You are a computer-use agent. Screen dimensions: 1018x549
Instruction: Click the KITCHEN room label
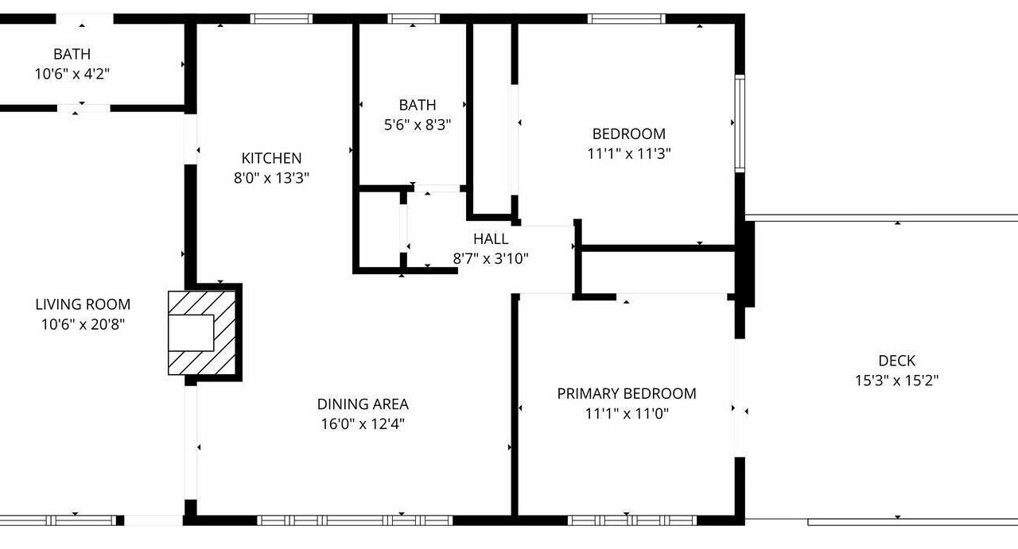pyautogui.click(x=271, y=158)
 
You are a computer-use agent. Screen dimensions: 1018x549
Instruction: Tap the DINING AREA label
pyautogui.click(x=363, y=404)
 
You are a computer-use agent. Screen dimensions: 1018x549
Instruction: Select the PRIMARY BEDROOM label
pyautogui.click(x=627, y=394)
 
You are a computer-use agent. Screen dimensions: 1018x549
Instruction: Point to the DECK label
pyautogui.click(x=896, y=361)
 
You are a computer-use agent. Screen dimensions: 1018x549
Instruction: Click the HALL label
pyautogui.click(x=491, y=239)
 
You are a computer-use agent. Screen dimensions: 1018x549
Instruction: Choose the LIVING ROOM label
pyautogui.click(x=84, y=304)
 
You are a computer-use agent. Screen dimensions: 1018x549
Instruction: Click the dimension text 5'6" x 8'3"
pyautogui.click(x=418, y=125)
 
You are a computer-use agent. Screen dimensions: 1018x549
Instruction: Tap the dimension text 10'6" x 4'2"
pyautogui.click(x=72, y=74)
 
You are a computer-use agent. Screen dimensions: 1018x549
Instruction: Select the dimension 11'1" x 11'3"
pyautogui.click(x=629, y=153)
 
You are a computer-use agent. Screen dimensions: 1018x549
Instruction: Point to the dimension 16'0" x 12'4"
pyautogui.click(x=363, y=424)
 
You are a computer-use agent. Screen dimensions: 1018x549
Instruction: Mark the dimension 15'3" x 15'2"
pyautogui.click(x=896, y=380)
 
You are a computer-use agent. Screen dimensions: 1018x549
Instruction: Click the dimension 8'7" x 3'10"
pyautogui.click(x=491, y=259)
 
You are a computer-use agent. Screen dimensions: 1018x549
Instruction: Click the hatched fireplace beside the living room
pyautogui.click(x=202, y=333)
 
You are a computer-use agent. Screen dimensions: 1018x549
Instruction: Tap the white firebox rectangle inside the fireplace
pyautogui.click(x=191, y=333)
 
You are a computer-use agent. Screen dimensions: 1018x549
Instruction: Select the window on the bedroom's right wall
pyautogui.click(x=740, y=123)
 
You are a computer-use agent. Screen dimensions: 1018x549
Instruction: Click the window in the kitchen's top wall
pyautogui.click(x=282, y=18)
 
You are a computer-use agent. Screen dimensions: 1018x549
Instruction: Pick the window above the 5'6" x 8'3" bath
pyautogui.click(x=414, y=18)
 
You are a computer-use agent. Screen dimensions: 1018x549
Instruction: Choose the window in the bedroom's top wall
pyautogui.click(x=626, y=18)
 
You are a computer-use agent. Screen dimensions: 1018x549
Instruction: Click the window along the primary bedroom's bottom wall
pyautogui.click(x=632, y=520)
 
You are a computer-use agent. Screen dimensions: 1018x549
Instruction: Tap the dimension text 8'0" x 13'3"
pyautogui.click(x=271, y=177)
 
